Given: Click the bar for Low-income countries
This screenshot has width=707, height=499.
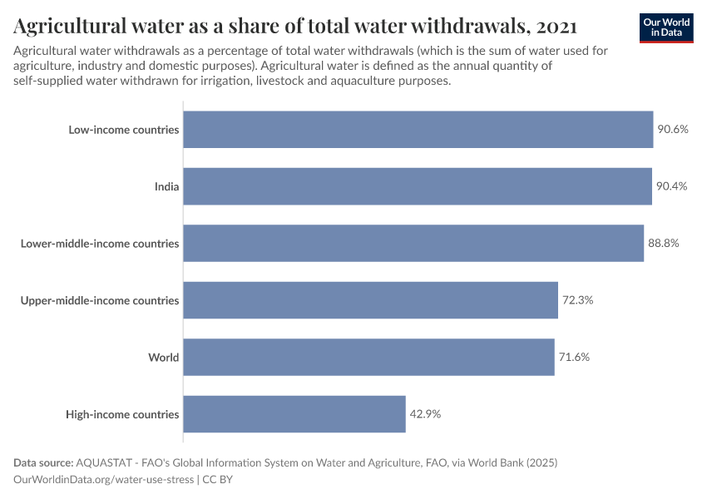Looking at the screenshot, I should (x=418, y=130).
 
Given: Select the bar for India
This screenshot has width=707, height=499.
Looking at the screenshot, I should (x=417, y=186).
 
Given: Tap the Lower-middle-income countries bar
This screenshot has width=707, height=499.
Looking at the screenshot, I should (x=413, y=244).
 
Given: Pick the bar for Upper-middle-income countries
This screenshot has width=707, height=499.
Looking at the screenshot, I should (x=370, y=300).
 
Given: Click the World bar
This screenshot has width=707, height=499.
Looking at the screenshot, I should (x=368, y=357).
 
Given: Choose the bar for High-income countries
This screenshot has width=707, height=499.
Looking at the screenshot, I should (x=294, y=414).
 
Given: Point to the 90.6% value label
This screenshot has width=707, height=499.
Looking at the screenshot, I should (x=673, y=130).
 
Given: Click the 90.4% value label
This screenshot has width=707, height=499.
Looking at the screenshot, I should (x=671, y=186).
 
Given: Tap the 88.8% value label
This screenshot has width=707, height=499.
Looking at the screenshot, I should (x=664, y=244).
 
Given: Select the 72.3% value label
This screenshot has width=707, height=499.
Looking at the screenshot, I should (x=577, y=300).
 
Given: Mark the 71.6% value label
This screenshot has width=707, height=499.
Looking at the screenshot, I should (x=574, y=357).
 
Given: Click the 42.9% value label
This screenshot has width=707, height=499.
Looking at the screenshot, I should (x=425, y=414).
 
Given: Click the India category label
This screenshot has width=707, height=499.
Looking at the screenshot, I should (x=166, y=186).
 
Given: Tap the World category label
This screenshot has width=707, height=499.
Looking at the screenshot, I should (x=164, y=358).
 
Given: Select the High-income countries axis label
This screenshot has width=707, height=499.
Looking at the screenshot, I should (x=122, y=414).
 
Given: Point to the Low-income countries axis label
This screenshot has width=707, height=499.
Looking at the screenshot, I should (x=124, y=130).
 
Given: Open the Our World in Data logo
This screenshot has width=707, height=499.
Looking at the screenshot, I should (x=666, y=27).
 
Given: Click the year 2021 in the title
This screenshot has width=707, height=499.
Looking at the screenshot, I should (x=556, y=27).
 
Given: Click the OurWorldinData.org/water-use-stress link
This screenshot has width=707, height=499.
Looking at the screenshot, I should (x=104, y=480).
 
